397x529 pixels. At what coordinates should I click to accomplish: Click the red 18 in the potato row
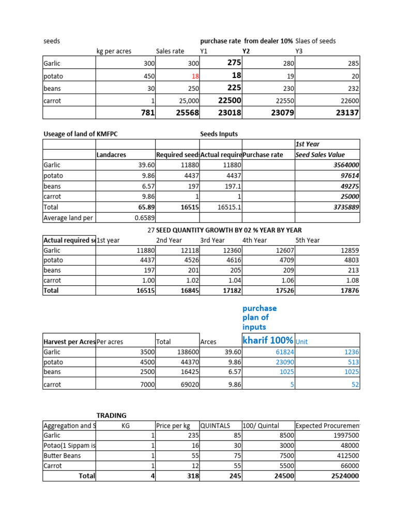coord(195,76)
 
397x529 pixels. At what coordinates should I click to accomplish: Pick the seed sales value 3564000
coord(345,165)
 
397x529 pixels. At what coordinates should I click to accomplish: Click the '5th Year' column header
coord(308,240)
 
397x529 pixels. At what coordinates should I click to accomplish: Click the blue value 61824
coord(283,351)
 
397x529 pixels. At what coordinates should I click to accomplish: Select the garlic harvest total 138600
coord(187,351)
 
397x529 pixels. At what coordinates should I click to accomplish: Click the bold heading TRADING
coord(111,415)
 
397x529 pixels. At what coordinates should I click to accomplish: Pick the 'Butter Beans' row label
coord(62,456)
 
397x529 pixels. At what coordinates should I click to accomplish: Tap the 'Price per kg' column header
coord(173,426)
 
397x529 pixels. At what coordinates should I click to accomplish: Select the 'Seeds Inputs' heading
coord(219,134)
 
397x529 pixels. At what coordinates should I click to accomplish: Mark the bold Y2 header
coord(246,51)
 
